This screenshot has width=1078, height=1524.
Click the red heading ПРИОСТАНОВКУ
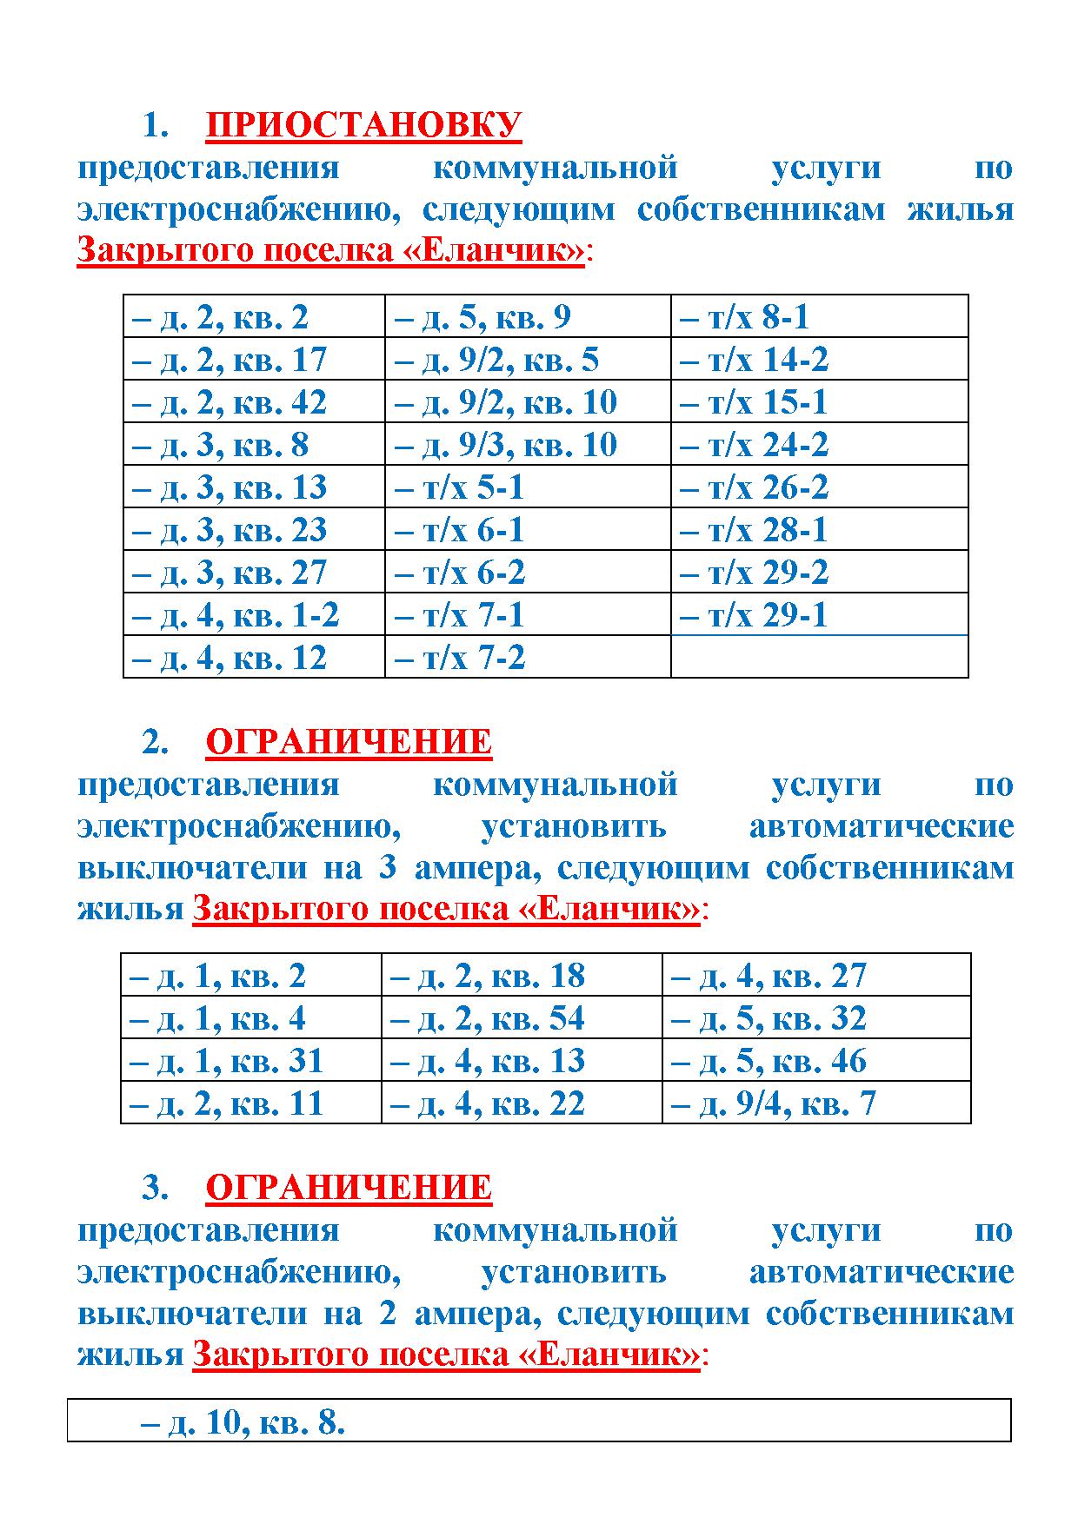(x=363, y=125)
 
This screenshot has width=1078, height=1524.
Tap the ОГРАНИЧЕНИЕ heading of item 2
(x=349, y=742)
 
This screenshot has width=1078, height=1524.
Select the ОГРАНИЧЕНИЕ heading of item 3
(x=349, y=1187)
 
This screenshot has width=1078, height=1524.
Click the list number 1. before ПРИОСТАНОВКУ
(x=155, y=126)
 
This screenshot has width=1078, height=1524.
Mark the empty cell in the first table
(x=819, y=657)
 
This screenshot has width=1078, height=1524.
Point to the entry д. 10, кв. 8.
(x=243, y=1422)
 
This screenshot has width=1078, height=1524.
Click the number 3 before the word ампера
(x=388, y=867)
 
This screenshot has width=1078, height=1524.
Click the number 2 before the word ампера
(x=388, y=1312)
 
